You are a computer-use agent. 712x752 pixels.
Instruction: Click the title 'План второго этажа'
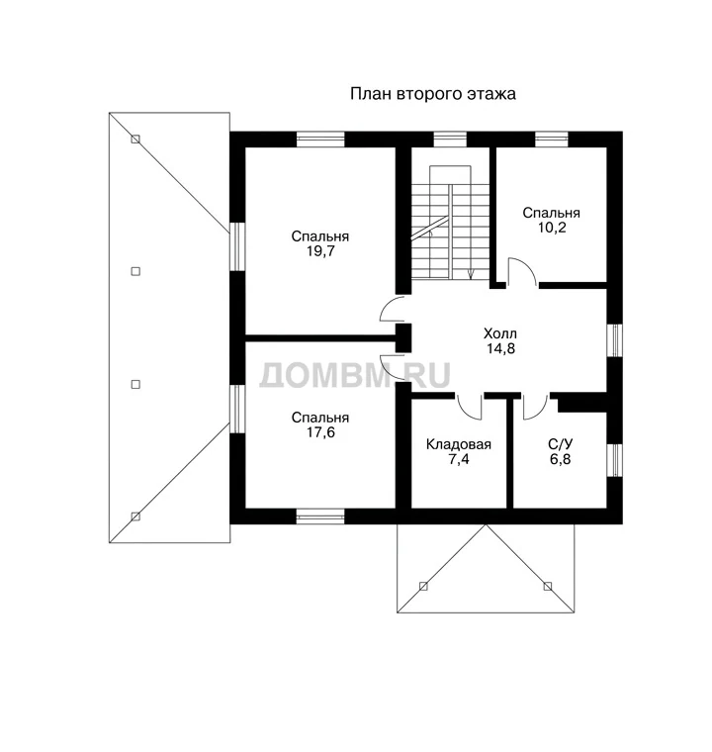click(x=432, y=94)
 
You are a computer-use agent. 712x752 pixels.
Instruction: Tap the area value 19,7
click(x=320, y=251)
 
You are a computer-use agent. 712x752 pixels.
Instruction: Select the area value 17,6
click(x=320, y=432)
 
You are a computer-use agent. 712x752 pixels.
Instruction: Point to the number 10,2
click(x=552, y=228)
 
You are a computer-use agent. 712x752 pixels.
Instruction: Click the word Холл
click(x=500, y=333)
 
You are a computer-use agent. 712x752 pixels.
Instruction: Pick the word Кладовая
click(x=459, y=444)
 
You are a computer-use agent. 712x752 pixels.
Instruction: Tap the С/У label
click(x=560, y=444)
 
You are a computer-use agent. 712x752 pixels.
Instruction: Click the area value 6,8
click(x=560, y=459)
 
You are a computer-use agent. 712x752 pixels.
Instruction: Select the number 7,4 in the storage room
click(x=459, y=459)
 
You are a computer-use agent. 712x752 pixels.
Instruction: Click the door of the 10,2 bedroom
click(x=522, y=271)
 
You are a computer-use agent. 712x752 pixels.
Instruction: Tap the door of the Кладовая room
click(x=469, y=407)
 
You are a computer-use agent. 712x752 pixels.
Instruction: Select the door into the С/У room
click(x=536, y=407)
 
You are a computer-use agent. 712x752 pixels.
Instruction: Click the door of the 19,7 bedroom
click(x=393, y=309)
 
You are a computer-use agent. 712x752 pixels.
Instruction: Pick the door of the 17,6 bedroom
click(x=393, y=368)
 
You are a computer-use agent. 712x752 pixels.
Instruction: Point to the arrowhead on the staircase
click(x=471, y=275)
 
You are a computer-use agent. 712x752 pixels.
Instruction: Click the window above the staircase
click(x=450, y=140)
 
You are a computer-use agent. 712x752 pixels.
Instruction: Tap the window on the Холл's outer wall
click(x=615, y=340)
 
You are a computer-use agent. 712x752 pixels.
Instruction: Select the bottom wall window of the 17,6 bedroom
click(x=320, y=517)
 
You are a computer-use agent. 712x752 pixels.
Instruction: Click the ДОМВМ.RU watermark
click(x=355, y=375)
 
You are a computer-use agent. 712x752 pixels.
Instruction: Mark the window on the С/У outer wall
click(x=615, y=460)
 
